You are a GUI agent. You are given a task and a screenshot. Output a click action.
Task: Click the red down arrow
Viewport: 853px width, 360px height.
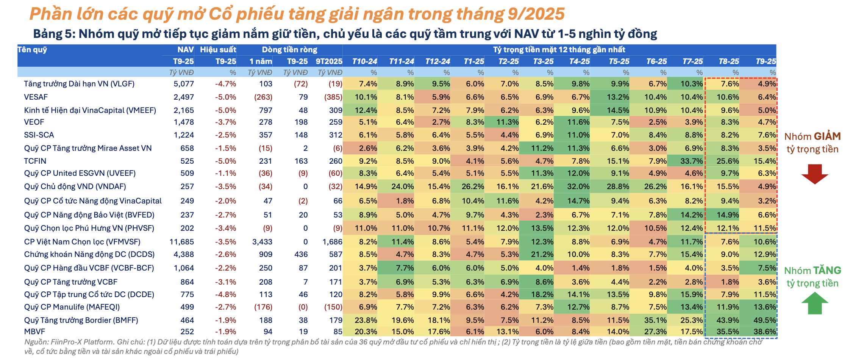[x=814, y=174]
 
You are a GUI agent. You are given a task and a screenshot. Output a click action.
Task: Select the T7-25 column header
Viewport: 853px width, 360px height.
[x=692, y=61]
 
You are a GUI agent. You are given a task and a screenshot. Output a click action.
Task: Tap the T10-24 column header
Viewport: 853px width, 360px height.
[x=364, y=61]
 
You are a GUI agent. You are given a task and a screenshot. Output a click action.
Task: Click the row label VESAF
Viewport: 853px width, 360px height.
[x=36, y=97]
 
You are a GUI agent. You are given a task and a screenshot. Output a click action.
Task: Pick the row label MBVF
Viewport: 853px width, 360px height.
[x=34, y=332]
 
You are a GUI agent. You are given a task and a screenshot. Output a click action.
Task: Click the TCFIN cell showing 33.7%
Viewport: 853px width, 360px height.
[x=692, y=161]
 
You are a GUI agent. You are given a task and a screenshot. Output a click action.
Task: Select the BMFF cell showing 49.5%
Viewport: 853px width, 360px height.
[x=765, y=320]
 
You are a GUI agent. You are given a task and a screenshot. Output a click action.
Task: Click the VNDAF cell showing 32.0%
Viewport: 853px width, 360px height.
[x=578, y=186]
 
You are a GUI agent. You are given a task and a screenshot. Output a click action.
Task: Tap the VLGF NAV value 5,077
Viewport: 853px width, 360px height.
[x=184, y=84]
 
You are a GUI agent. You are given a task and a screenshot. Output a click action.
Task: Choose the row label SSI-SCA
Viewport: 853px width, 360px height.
[x=39, y=135]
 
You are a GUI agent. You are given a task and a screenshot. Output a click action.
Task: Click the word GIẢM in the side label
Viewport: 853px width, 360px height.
[x=827, y=136]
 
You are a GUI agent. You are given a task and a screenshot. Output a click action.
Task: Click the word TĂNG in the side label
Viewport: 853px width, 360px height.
[x=827, y=271]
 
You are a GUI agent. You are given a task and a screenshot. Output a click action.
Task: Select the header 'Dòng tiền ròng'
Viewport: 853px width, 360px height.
[x=289, y=50]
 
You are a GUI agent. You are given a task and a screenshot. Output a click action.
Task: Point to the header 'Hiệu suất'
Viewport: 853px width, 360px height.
[x=218, y=50]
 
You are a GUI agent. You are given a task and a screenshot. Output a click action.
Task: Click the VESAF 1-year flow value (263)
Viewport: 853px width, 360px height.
[x=263, y=97]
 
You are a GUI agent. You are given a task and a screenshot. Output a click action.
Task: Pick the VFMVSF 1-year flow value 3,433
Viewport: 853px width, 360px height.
[x=262, y=242]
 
